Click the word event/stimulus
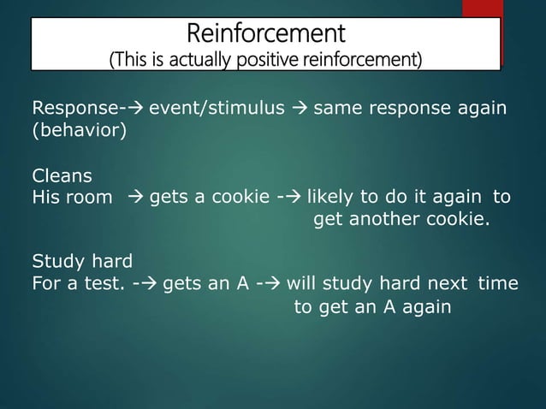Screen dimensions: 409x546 click(217, 110)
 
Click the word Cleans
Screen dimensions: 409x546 click(62, 176)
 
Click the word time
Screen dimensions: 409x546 click(497, 283)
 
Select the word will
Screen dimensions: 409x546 click(301, 283)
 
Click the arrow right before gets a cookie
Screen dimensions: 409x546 click(136, 199)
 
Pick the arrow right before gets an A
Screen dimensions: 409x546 click(149, 283)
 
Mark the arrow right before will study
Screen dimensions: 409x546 click(271, 283)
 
